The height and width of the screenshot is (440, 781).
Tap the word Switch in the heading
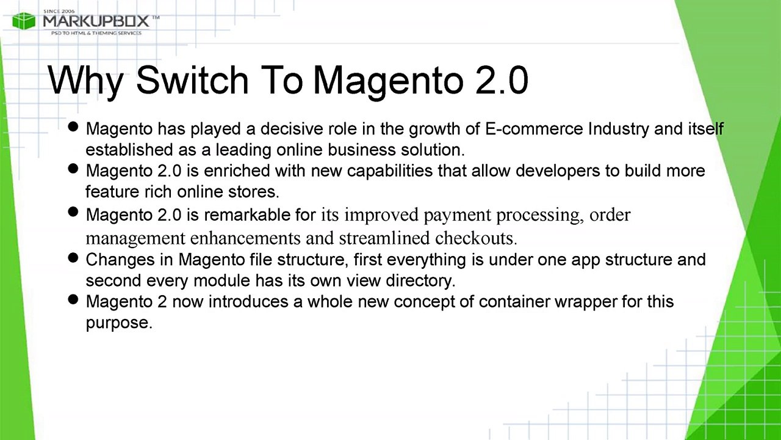[x=192, y=80]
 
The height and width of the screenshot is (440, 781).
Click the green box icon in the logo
[x=24, y=21]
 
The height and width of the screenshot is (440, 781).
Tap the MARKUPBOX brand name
[x=96, y=21]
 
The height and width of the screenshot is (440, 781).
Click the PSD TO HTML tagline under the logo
[x=96, y=33]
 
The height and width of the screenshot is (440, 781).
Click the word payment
[x=457, y=215]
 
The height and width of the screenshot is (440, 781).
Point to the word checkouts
[x=476, y=237]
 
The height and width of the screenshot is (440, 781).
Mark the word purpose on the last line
[x=118, y=323]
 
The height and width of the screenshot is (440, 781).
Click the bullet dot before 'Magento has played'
[x=74, y=127]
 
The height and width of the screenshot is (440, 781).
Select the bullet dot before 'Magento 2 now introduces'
[x=74, y=299]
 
